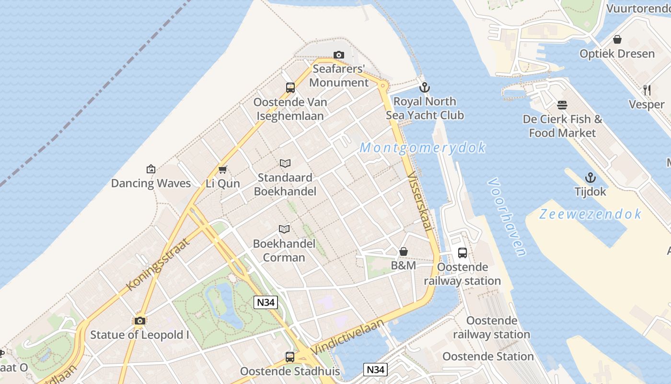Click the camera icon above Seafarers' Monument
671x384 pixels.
339,55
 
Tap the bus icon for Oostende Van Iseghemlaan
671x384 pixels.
290,88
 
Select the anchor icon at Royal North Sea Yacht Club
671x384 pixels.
424,87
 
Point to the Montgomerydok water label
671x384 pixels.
423,147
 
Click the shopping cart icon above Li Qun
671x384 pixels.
222,169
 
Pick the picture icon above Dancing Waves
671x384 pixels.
151,169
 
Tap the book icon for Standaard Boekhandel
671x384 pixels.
285,164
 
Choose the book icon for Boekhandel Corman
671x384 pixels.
284,229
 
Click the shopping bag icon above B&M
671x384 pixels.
404,252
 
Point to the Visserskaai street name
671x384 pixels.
419,202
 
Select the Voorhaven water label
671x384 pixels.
507,217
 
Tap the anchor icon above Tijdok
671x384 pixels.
590,178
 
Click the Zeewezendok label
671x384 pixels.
590,214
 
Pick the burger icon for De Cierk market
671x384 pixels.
562,105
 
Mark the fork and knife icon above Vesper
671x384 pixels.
647,90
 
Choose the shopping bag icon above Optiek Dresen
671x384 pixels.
617,39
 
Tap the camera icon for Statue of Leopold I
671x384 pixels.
140,321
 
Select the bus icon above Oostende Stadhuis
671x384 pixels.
290,357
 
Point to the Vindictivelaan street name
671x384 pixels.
347,337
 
